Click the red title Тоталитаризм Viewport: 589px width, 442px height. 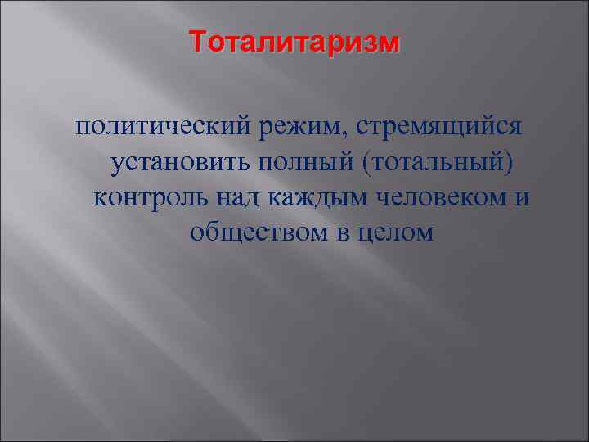(x=294, y=41)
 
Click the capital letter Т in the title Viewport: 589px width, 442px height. (x=197, y=41)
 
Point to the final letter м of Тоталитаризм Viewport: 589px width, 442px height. (x=392, y=42)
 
